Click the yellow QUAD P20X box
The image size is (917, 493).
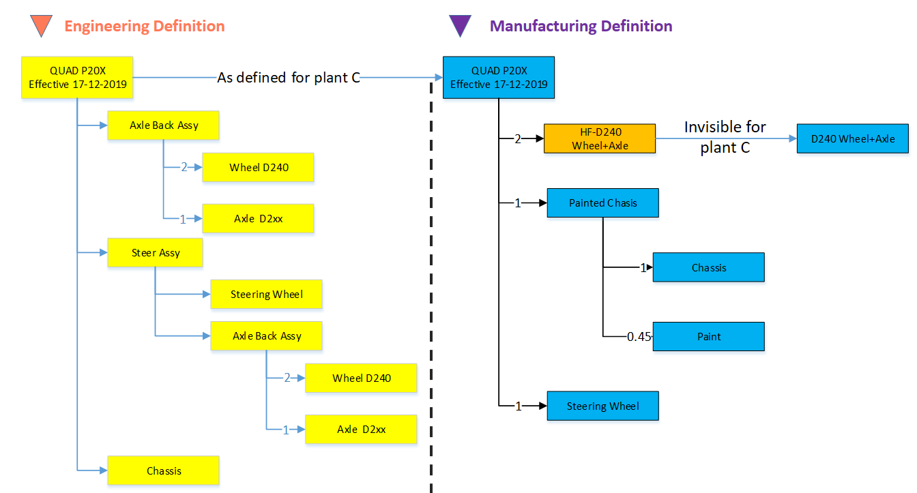(x=77, y=78)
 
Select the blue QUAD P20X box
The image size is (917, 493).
(x=499, y=78)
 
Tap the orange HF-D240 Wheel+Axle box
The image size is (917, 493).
(x=599, y=138)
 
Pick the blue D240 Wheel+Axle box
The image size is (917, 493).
(x=852, y=138)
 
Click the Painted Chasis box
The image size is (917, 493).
(x=602, y=203)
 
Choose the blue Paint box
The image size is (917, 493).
(x=708, y=336)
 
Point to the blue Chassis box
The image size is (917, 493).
(x=708, y=267)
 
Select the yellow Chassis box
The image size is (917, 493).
(x=164, y=470)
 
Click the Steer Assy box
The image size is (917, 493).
(x=156, y=252)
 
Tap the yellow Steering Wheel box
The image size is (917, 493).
(x=266, y=294)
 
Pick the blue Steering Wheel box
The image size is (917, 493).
(x=602, y=406)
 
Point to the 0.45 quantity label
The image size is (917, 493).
(x=639, y=336)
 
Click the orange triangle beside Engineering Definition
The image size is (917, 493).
(x=42, y=25)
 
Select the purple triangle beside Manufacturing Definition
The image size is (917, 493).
(x=460, y=25)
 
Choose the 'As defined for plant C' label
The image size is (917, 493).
(x=289, y=78)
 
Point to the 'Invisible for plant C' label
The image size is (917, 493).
(x=725, y=137)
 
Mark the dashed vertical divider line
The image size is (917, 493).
(x=431, y=286)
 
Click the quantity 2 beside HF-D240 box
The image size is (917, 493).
(x=517, y=139)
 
